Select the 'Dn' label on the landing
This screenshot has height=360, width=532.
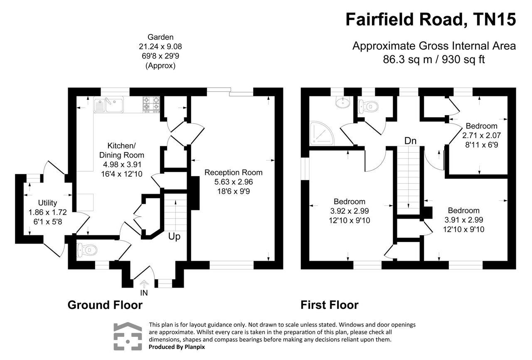click(x=411, y=141)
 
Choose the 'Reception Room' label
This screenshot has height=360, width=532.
click(x=233, y=172)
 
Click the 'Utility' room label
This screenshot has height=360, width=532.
click(x=47, y=203)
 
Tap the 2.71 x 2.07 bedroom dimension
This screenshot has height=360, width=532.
click(x=481, y=136)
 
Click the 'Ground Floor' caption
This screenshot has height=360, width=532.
click(x=105, y=305)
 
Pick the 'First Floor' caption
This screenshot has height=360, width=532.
click(x=329, y=305)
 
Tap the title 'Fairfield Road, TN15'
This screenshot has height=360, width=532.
click(x=431, y=20)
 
